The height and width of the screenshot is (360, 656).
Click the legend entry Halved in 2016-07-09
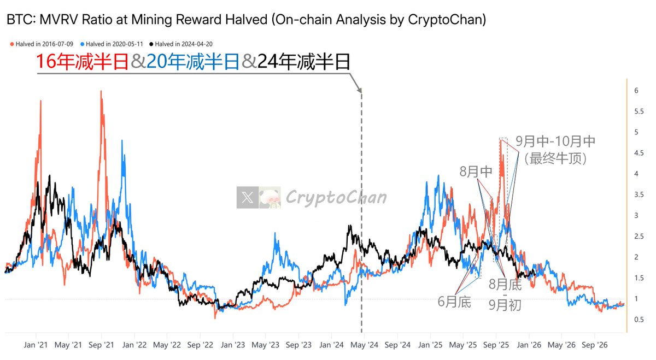[x=44, y=44]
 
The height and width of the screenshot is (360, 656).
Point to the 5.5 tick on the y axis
[x=639, y=111]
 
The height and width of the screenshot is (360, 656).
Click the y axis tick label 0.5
[x=639, y=319]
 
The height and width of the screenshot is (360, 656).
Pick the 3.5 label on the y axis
[x=639, y=194]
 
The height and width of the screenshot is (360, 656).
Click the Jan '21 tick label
[x=36, y=345]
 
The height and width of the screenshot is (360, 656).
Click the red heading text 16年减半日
[x=82, y=62]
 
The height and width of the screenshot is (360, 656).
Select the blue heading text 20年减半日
[x=193, y=62]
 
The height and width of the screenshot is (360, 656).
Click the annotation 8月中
[x=476, y=171]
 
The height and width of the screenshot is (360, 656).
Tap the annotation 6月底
[x=454, y=302]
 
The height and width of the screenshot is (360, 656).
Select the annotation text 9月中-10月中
[x=555, y=141]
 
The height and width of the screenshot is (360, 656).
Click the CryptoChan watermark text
[x=336, y=197]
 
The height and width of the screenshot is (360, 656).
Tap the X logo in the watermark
[x=248, y=198]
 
